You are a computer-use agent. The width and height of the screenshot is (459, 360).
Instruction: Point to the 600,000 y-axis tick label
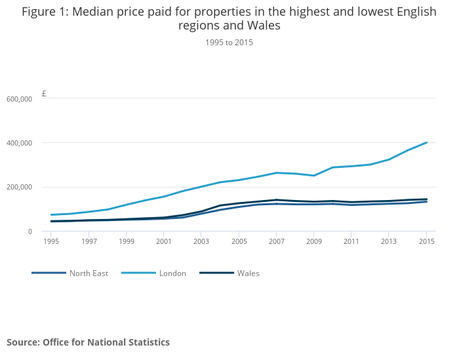18,99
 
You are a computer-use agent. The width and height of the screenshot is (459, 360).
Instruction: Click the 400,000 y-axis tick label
18,143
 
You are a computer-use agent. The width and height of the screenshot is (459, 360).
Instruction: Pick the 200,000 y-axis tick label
18,188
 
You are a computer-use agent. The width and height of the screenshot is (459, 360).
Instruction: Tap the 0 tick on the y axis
28,231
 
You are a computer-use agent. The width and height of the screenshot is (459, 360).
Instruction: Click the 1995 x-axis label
51,241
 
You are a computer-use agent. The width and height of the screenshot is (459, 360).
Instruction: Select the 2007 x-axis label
276,241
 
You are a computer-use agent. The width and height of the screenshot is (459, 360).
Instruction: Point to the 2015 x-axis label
427,241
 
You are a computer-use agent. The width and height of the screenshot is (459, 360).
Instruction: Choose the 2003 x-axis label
201,241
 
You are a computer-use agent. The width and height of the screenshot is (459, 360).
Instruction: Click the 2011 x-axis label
351,241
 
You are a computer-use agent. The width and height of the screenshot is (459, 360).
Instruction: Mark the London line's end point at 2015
427,142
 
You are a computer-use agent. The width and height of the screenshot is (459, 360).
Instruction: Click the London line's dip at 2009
314,176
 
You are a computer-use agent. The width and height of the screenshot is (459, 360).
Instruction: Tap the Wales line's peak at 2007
276,200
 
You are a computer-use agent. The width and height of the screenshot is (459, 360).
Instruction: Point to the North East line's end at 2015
427,201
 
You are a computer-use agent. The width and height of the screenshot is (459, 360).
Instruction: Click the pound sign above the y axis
44,94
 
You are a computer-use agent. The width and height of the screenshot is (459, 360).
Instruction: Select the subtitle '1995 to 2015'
229,43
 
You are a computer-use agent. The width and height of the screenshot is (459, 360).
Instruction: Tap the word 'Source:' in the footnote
23,342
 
